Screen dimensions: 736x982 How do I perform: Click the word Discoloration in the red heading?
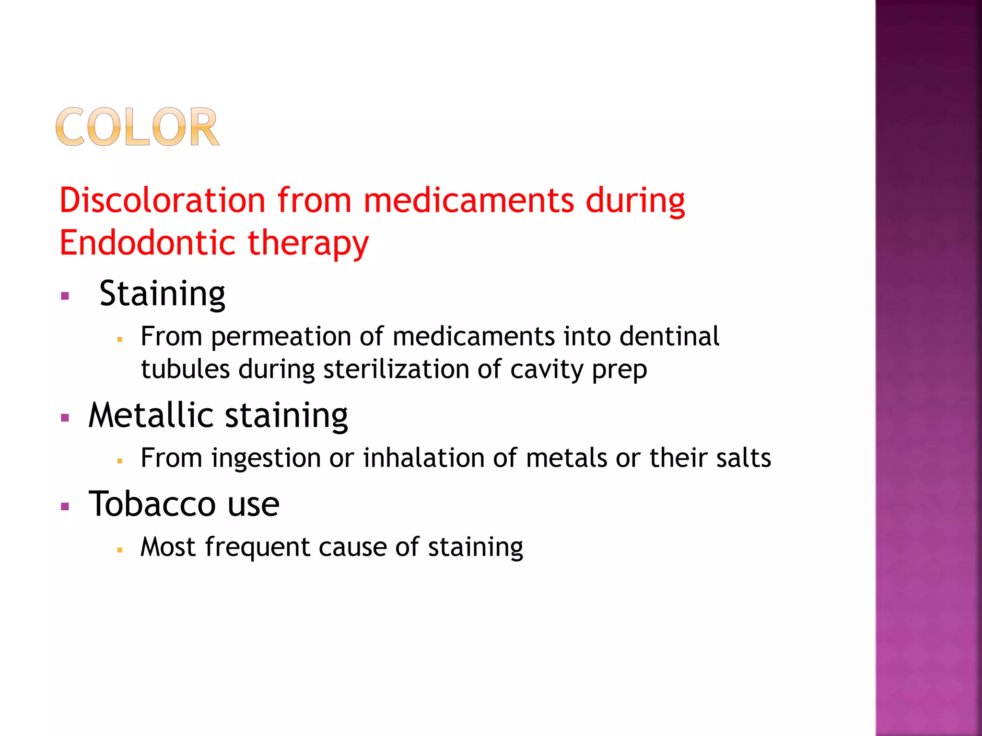coord(162,200)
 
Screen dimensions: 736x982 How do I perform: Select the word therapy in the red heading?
coord(308,243)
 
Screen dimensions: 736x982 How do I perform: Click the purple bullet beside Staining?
coord(65,296)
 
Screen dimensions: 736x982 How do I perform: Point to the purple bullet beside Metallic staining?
coord(65,417)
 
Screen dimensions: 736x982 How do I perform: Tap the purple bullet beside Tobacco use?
coord(65,506)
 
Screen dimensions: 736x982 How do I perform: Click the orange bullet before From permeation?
coord(120,339)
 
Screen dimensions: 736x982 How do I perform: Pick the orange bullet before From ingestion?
coord(120,461)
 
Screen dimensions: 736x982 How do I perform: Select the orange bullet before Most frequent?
coord(120,550)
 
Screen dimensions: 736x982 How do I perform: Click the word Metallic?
coord(151,415)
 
